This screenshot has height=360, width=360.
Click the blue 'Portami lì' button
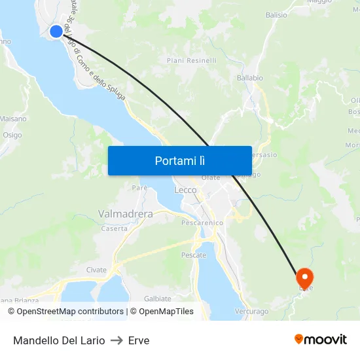click(179, 160)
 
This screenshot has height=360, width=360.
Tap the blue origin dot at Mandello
click(56, 31)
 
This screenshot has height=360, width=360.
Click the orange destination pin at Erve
click(305, 278)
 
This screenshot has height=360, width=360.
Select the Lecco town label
click(185, 190)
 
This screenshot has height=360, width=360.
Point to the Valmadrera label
click(125, 214)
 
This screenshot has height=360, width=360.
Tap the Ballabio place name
click(249, 77)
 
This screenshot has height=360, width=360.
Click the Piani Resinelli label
click(191, 60)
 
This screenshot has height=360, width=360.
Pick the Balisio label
click(276, 14)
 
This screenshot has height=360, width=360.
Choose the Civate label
click(96, 270)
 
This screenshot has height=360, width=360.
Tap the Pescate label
click(194, 255)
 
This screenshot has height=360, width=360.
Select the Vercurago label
click(251, 312)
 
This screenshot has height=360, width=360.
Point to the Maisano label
click(13, 119)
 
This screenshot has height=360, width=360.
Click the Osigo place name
click(12, 135)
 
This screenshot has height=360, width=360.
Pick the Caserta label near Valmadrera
click(115, 228)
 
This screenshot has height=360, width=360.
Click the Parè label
click(139, 188)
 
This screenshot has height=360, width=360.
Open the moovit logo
click(321, 340)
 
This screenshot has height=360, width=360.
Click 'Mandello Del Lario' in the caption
click(59, 340)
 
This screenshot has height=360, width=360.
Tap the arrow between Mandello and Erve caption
click(117, 340)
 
